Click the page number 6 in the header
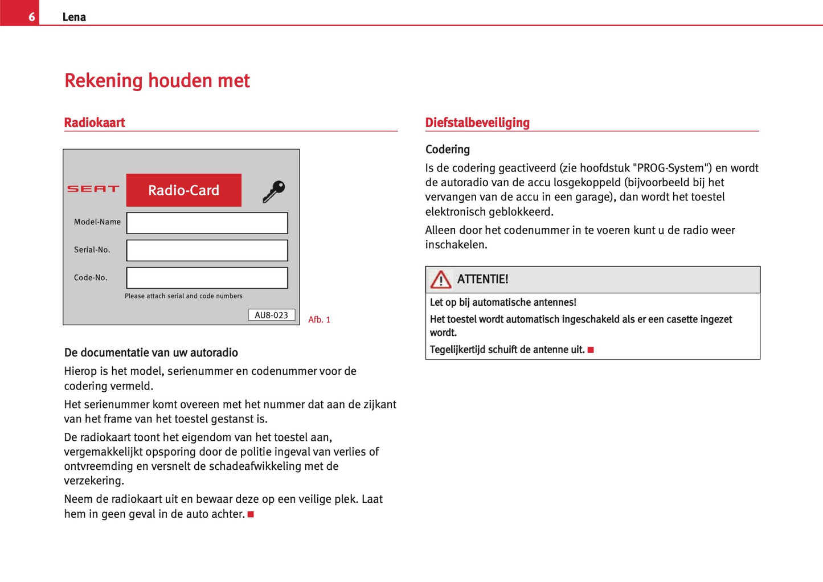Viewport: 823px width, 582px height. pyautogui.click(x=31, y=17)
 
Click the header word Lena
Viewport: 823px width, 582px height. pyautogui.click(x=74, y=17)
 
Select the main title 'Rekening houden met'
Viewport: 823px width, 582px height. pyautogui.click(x=157, y=81)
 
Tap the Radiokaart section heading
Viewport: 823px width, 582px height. pyautogui.click(x=95, y=122)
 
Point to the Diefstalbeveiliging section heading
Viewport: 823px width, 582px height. pyautogui.click(x=477, y=122)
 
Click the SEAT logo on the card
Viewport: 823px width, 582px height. pyautogui.click(x=93, y=188)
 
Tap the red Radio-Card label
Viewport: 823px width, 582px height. pyautogui.click(x=183, y=190)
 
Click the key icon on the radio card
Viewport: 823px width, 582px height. pyautogui.click(x=274, y=191)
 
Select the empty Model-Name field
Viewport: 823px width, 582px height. pyautogui.click(x=207, y=223)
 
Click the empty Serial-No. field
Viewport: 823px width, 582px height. pyautogui.click(x=207, y=250)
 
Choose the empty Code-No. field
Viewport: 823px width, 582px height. pyautogui.click(x=207, y=278)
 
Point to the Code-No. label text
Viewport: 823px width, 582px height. pyautogui.click(x=91, y=278)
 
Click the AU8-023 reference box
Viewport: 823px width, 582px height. pyautogui.click(x=271, y=315)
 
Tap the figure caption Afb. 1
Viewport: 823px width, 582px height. pyautogui.click(x=319, y=319)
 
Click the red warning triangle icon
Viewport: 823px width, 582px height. pyautogui.click(x=441, y=280)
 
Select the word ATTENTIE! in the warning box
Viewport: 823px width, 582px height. pyautogui.click(x=482, y=279)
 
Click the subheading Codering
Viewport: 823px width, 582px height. pyautogui.click(x=448, y=149)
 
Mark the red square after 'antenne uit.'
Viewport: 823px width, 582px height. pyautogui.click(x=591, y=350)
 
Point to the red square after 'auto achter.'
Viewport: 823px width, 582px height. pyautogui.click(x=251, y=514)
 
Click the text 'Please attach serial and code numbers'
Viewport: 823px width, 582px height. pyautogui.click(x=183, y=296)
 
